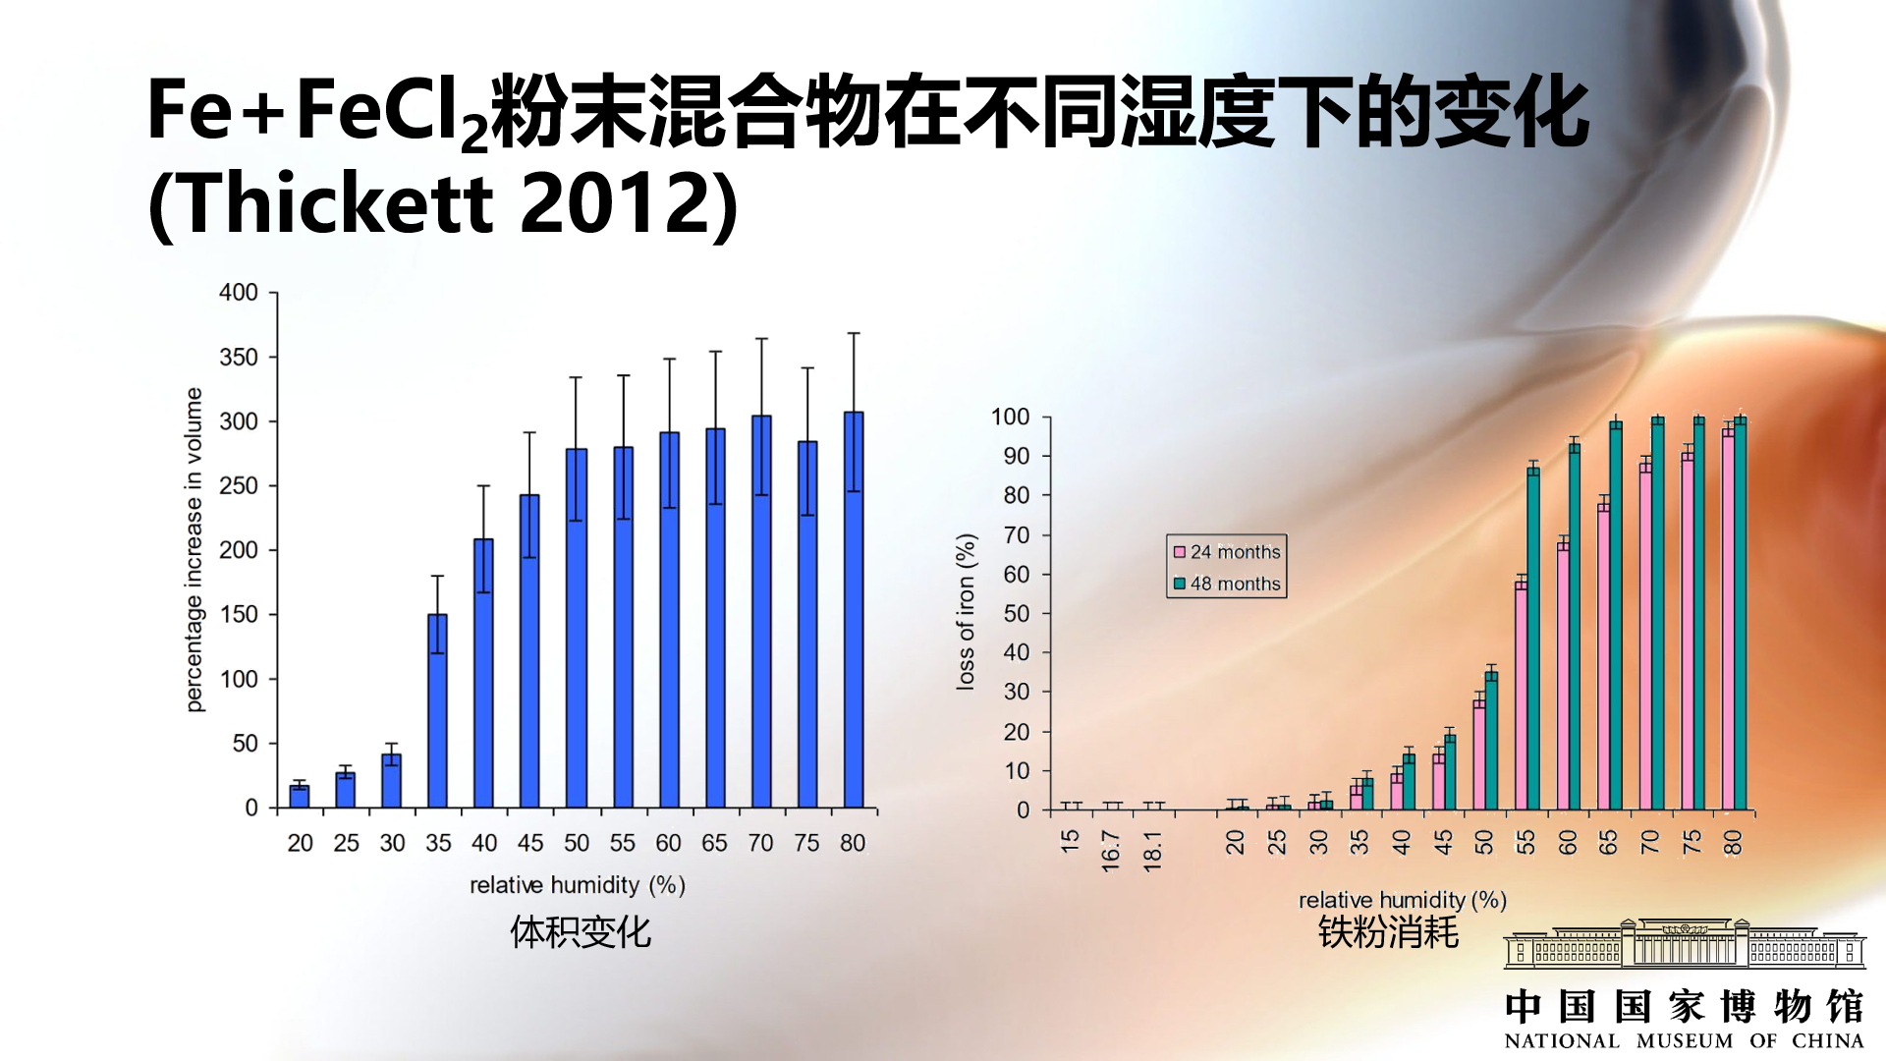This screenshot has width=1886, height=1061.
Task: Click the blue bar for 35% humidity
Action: (x=437, y=711)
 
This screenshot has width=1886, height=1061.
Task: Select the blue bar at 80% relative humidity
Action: (x=854, y=609)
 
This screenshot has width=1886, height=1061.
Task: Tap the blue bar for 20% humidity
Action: (x=300, y=796)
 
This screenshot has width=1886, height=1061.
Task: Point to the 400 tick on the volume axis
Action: (x=239, y=293)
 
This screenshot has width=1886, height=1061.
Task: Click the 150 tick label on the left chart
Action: (x=239, y=615)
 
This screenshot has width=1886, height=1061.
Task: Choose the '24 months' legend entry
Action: (x=1227, y=552)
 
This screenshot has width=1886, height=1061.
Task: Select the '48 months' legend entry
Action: (x=1227, y=584)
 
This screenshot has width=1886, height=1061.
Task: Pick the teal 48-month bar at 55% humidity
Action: (x=1533, y=639)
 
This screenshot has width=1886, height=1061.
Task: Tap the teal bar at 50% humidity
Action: (x=1491, y=741)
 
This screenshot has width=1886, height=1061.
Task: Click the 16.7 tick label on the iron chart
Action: (x=1111, y=851)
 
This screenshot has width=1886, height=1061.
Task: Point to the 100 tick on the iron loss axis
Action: (x=1010, y=417)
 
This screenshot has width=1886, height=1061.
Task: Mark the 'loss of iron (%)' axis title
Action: (x=966, y=611)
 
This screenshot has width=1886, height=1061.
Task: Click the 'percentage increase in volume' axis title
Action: (x=194, y=549)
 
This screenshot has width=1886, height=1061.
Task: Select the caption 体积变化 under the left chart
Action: (x=580, y=932)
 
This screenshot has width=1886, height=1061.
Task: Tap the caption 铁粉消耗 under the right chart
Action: (x=1388, y=932)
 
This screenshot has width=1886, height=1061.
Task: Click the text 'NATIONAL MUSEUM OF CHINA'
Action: (x=1684, y=1040)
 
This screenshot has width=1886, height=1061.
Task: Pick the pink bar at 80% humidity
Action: (x=1728, y=619)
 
